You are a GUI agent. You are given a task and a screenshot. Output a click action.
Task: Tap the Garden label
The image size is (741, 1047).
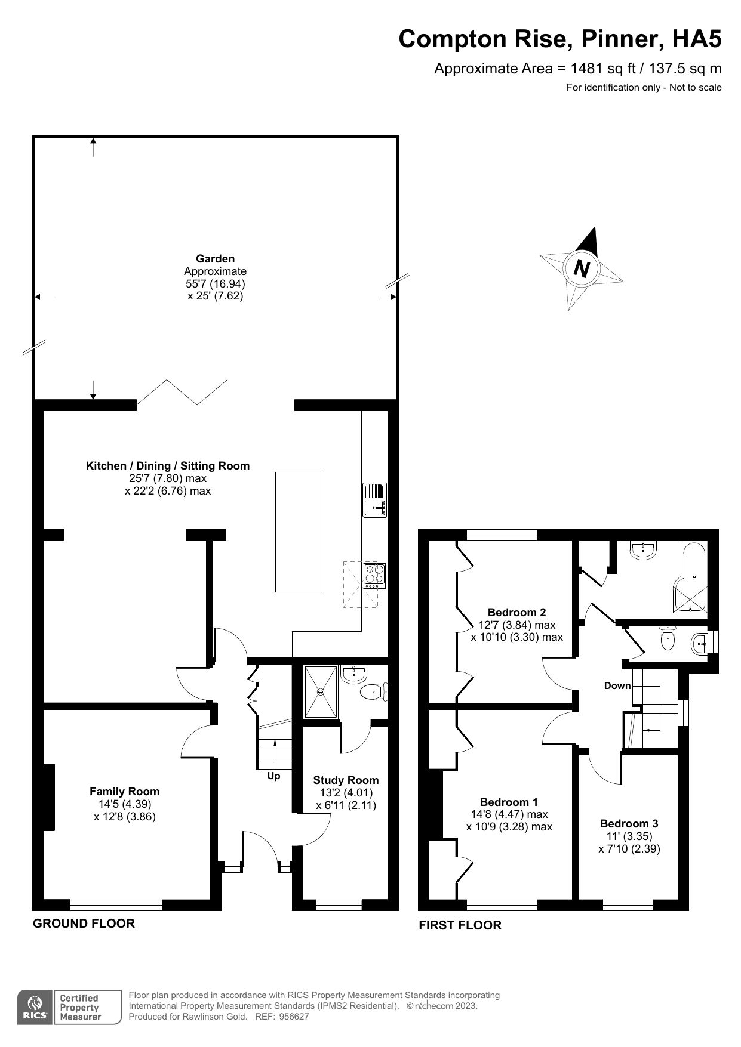215,259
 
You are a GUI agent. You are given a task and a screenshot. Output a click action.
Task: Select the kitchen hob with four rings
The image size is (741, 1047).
375,576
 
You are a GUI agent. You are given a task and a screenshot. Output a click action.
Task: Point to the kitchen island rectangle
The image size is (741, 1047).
299,532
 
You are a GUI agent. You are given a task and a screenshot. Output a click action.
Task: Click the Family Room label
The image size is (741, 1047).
124,792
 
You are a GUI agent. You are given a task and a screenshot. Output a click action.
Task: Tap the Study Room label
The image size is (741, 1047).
346,780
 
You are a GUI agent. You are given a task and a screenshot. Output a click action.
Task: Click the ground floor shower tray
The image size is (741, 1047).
321,692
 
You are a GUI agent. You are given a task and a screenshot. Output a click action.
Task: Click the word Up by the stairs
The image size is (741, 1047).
273,776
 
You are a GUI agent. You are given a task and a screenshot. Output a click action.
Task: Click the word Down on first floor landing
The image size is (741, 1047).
617,685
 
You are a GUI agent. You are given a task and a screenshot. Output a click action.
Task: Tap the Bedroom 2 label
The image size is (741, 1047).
516,612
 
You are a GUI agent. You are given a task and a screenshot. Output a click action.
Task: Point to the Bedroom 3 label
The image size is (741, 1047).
629,824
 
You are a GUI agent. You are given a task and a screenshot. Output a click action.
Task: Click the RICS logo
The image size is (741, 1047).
35,1008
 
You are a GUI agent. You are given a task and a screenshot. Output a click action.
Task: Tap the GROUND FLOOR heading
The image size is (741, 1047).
84,924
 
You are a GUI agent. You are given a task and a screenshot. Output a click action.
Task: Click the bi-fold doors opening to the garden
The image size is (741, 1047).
182,392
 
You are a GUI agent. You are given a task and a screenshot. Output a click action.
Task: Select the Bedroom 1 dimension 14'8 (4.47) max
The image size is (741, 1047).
509,814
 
